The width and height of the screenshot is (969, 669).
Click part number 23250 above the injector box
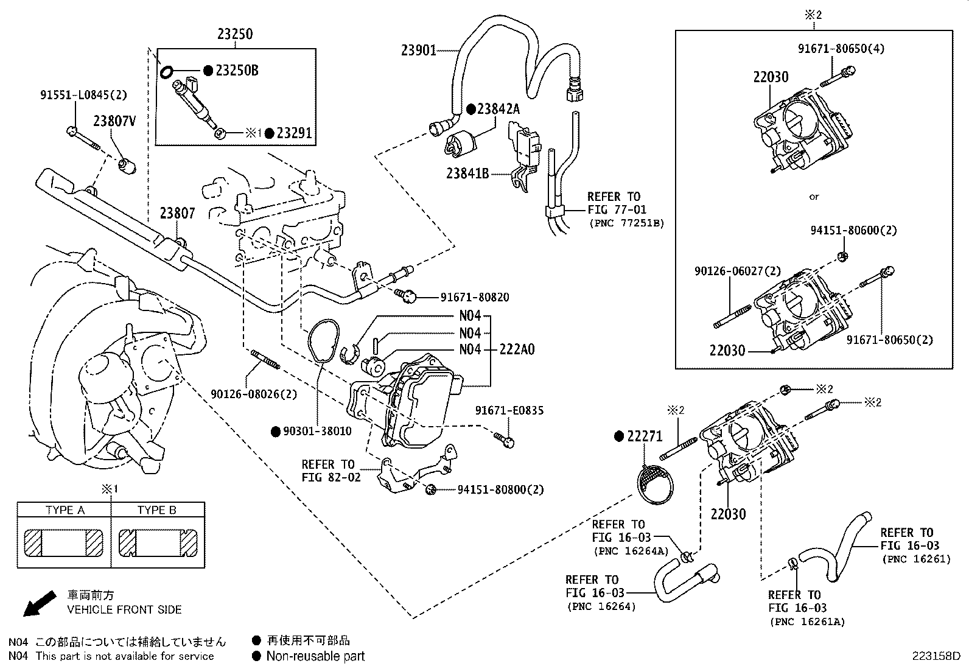click(235, 34)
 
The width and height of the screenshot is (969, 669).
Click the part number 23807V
click(114, 121)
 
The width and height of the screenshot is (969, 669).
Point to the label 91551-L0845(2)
click(84, 95)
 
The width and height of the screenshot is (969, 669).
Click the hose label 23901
click(418, 50)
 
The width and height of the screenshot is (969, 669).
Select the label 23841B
click(467, 174)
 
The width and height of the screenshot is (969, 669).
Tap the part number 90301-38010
click(317, 431)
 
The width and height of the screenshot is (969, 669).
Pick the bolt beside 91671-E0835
click(506, 440)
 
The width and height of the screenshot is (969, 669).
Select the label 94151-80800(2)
click(500, 489)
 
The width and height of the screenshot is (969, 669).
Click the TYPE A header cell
click(65, 510)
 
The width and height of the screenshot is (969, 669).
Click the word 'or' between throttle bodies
click(814, 197)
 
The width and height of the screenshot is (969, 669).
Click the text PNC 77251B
click(626, 223)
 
